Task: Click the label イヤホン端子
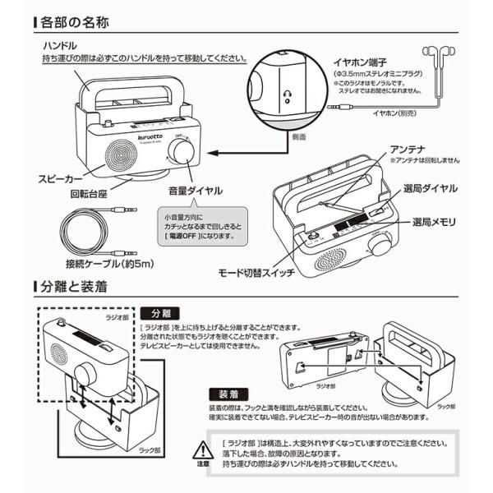(x=355, y=60)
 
